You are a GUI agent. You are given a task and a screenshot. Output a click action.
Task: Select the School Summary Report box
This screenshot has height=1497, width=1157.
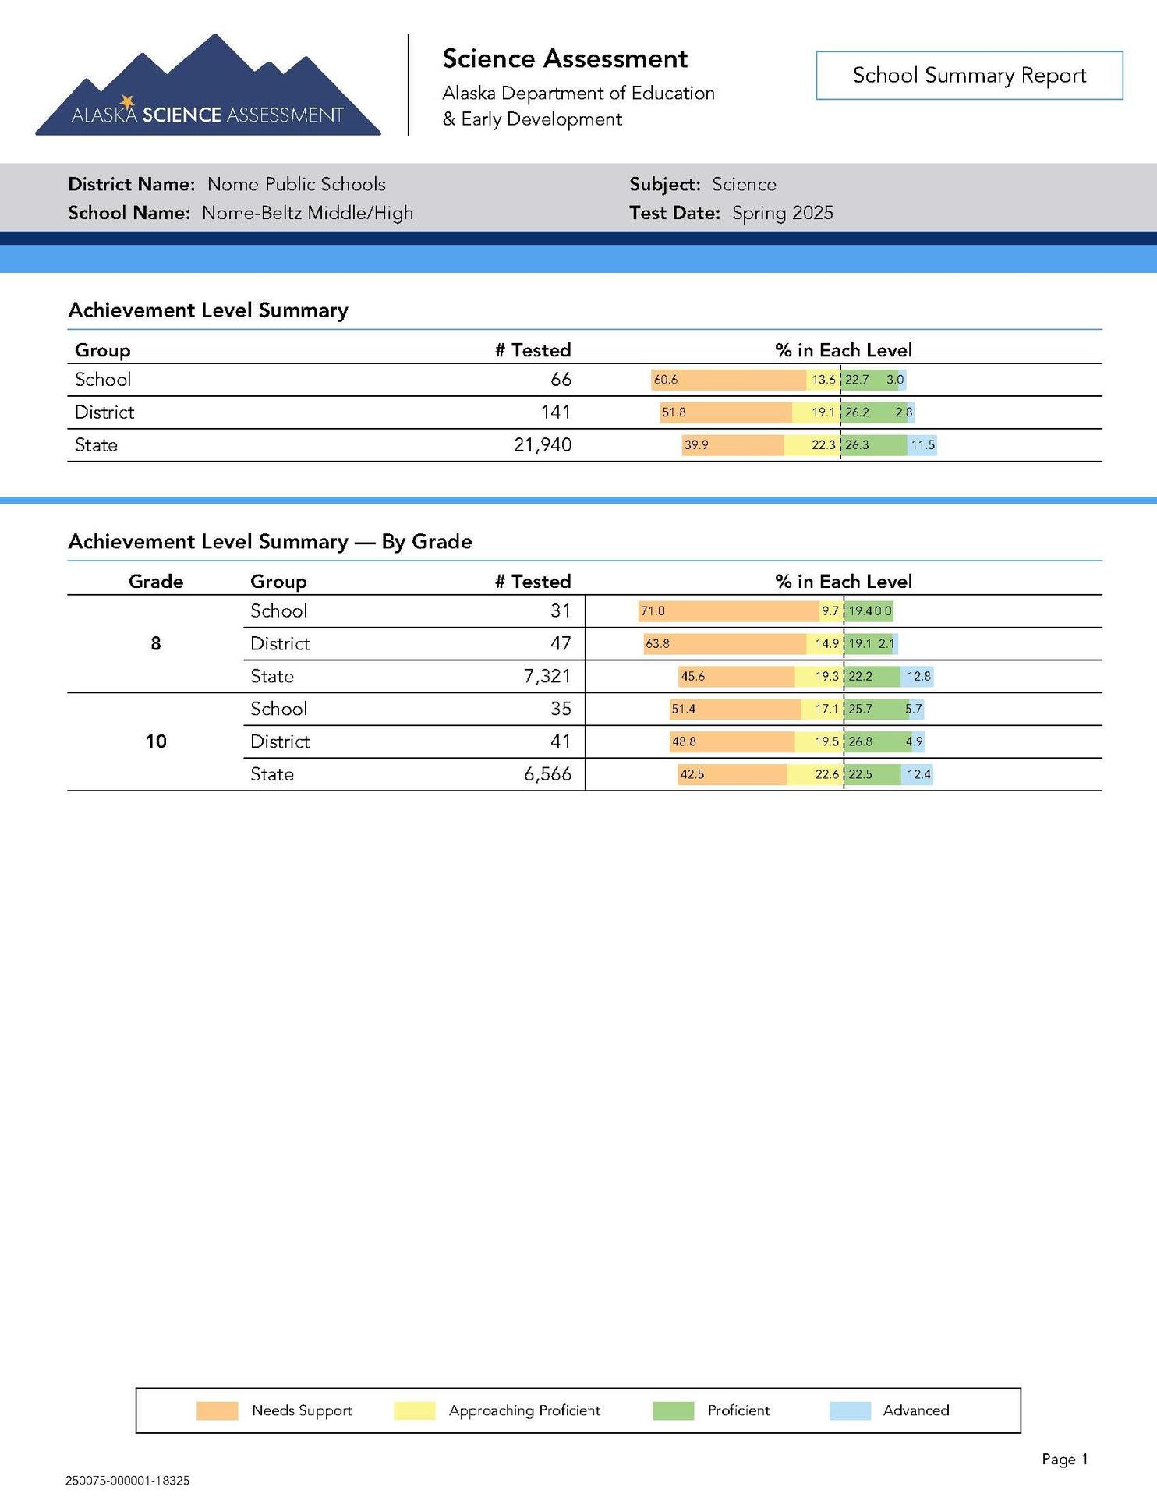pyautogui.click(x=969, y=76)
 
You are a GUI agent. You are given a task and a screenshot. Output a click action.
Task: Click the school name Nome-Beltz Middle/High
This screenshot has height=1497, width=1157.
pyautogui.click(x=307, y=213)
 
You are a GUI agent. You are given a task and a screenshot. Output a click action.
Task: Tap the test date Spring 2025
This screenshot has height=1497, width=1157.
pyautogui.click(x=782, y=213)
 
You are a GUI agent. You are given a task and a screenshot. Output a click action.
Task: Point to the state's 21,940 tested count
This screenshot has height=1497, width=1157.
pyautogui.click(x=543, y=445)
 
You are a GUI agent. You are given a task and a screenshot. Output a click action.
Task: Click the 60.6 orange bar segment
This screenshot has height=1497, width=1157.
pyautogui.click(x=728, y=380)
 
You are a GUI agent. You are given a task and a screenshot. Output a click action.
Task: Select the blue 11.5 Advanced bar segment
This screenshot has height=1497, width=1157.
pyautogui.click(x=922, y=445)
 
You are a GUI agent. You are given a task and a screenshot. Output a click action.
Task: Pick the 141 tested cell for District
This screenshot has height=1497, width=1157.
pyautogui.click(x=556, y=412)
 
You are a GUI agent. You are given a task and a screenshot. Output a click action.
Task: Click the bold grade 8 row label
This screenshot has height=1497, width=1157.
pyautogui.click(x=156, y=643)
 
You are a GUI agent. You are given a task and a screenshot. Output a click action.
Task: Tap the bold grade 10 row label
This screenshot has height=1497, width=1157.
pyautogui.click(x=156, y=741)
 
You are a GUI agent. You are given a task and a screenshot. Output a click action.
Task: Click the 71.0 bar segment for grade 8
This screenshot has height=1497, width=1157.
pyautogui.click(x=728, y=611)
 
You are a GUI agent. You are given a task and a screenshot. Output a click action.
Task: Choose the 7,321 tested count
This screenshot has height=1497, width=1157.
pyautogui.click(x=547, y=676)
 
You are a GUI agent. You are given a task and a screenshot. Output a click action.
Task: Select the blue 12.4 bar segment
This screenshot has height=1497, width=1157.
pyautogui.click(x=918, y=774)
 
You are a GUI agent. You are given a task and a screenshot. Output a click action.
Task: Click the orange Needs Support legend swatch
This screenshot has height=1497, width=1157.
pyautogui.click(x=217, y=1410)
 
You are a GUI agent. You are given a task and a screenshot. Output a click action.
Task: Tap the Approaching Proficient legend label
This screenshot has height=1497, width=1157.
pyautogui.click(x=525, y=1410)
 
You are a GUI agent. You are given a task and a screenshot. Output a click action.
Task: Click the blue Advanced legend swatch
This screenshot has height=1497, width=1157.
pyautogui.click(x=850, y=1410)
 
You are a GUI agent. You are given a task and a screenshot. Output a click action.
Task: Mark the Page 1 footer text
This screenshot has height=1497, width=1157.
pyautogui.click(x=1064, y=1460)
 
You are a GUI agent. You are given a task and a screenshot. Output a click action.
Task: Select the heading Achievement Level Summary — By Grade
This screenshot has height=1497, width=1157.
pyautogui.click(x=270, y=542)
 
